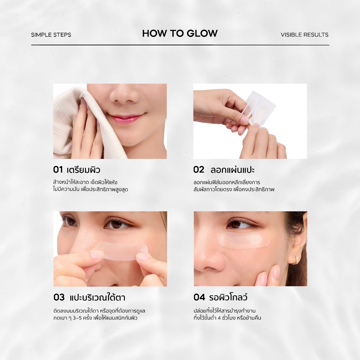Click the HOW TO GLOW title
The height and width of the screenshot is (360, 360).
[180, 33]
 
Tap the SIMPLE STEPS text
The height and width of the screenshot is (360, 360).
[51, 35]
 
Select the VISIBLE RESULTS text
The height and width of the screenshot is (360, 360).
[304, 35]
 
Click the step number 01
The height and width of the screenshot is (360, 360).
[58, 170]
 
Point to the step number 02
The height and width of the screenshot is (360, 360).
[199, 170]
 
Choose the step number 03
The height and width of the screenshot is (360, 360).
[59, 297]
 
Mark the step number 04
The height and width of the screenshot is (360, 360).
[199, 297]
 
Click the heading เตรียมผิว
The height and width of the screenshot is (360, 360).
[84, 170]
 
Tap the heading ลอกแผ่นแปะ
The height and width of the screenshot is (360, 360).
[233, 170]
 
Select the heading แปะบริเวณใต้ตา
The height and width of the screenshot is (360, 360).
[97, 297]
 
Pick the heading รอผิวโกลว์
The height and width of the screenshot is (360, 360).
[228, 297]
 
